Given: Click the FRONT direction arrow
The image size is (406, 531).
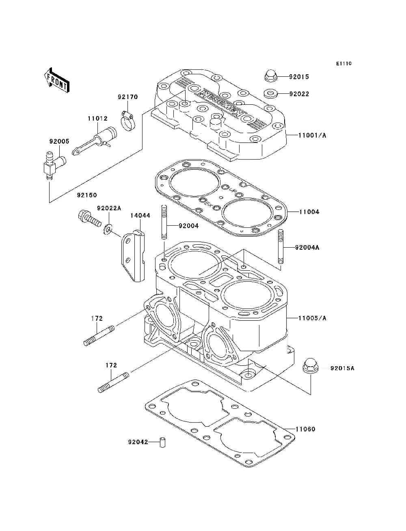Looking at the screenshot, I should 56,79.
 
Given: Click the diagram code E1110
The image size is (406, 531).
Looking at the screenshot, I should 343,63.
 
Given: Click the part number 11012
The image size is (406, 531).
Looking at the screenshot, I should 97,119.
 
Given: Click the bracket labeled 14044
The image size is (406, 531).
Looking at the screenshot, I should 133,256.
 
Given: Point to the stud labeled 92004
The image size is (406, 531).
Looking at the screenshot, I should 164,224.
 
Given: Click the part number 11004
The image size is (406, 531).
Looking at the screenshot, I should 309,212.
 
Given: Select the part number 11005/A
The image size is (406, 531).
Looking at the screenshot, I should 312,318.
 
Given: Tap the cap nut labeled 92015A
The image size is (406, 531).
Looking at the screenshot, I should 311,367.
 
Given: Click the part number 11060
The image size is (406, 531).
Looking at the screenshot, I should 305,429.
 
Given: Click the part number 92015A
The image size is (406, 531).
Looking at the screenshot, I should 342,368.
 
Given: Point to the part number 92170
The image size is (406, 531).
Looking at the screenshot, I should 128,97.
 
